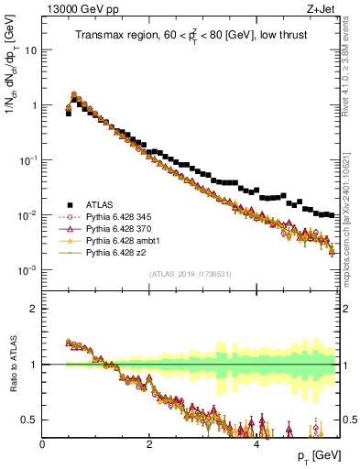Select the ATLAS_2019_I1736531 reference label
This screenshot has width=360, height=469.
tap(191, 274)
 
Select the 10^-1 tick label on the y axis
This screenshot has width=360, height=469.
tap(30, 160)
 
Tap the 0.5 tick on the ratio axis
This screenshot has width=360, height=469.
tap(31, 420)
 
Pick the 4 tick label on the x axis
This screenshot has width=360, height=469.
tap(256, 442)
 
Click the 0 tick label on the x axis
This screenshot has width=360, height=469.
tap(43, 442)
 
